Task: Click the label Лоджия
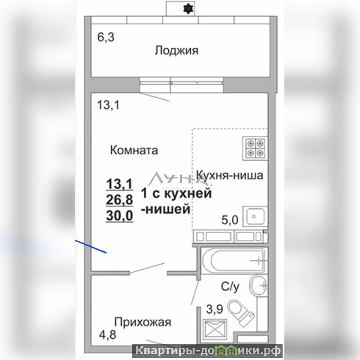tap(176, 50)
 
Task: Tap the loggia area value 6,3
tap(106, 37)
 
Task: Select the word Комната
tap(134, 150)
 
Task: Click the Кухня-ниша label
tap(229, 175)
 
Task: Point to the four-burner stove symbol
tap(255, 148)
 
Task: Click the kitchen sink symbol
tap(255, 216)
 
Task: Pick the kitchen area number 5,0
tap(230, 220)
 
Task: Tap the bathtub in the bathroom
tap(234, 261)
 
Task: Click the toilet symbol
tap(241, 312)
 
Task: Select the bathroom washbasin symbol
tap(258, 286)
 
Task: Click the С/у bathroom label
tap(230, 287)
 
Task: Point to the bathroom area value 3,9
tap(215, 309)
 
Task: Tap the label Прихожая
tap(143, 322)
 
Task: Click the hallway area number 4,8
tap(108, 334)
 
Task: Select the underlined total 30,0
tap(119, 216)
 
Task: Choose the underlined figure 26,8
tap(119, 200)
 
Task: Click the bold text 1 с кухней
tap(176, 193)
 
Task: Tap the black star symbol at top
tap(188, 9)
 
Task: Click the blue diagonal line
tap(91, 247)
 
